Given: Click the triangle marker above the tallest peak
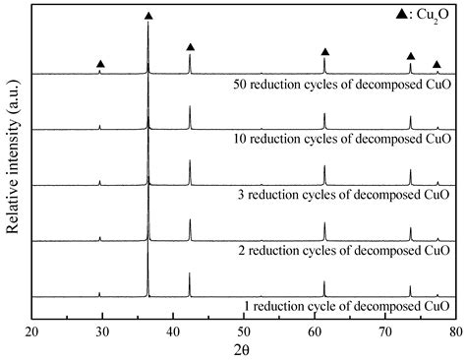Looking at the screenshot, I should point(148,16).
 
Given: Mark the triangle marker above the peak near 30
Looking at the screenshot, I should point(100,64).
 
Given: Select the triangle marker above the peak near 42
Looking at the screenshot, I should point(190,47).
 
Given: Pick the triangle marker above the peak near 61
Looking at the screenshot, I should point(325,51).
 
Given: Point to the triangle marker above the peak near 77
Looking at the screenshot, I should point(437,64).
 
